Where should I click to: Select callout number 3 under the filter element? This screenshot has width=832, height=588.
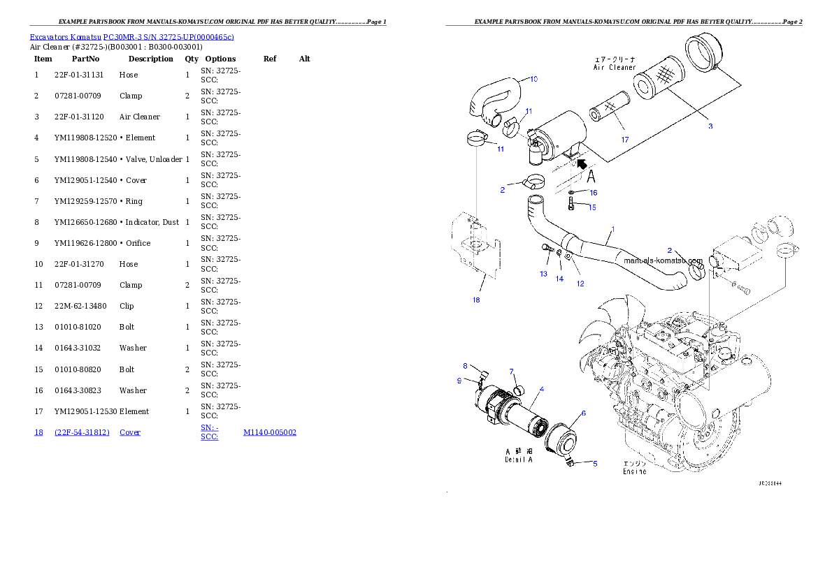tap(710, 126)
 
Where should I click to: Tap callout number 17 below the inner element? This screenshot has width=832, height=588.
tap(625, 140)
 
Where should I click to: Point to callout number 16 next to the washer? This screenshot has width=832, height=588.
tap(593, 193)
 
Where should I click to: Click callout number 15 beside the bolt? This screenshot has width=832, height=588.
tap(592, 207)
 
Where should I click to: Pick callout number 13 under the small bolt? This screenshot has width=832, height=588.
tap(543, 274)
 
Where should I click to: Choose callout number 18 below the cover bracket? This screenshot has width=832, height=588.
tap(476, 300)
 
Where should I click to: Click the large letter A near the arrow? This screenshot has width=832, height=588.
tap(591, 175)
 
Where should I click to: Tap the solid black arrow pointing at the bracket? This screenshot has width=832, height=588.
tap(580, 164)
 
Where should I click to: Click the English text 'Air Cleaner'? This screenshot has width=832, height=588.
tap(615, 68)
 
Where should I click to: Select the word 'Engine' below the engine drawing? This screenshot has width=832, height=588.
tap(634, 471)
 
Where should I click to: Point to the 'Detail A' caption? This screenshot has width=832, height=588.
tap(518, 460)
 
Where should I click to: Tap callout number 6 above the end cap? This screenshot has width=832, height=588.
tap(583, 413)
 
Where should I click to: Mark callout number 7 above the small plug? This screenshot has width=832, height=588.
tap(511, 371)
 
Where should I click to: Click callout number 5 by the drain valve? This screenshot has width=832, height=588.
tap(595, 463)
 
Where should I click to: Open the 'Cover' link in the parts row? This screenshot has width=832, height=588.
tap(130, 432)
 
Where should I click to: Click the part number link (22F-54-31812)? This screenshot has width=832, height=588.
tap(83, 432)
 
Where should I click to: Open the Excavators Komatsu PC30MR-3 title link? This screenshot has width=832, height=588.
tap(131, 36)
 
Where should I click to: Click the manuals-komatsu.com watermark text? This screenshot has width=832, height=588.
tap(663, 260)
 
